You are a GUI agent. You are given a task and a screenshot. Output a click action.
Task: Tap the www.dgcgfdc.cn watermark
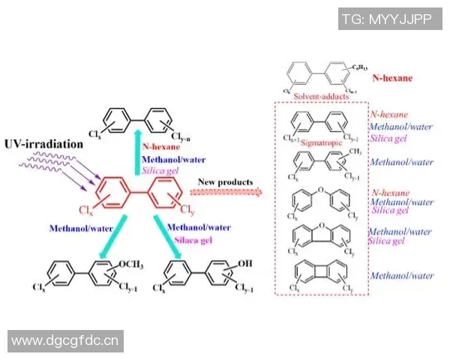[64, 341]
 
